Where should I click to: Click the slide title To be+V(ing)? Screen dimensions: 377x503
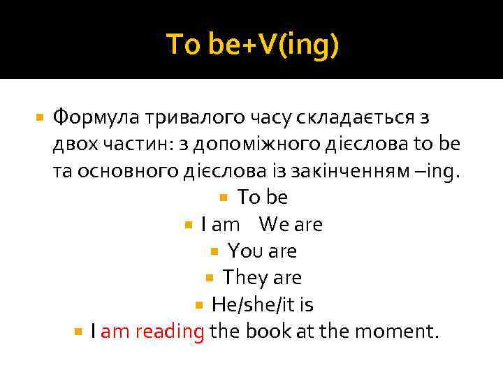(252, 45)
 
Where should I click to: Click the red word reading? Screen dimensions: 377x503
(170, 332)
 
